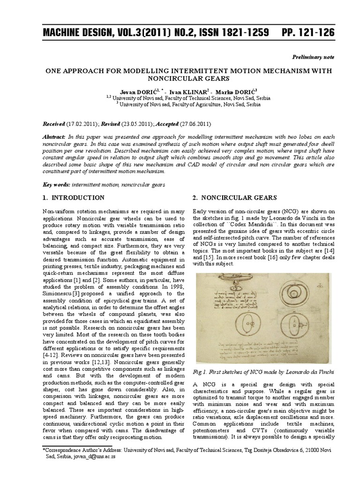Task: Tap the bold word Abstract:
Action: tap(55, 135)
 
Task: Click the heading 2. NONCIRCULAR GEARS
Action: tap(232, 197)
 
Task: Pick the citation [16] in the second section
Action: tap(269, 257)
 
